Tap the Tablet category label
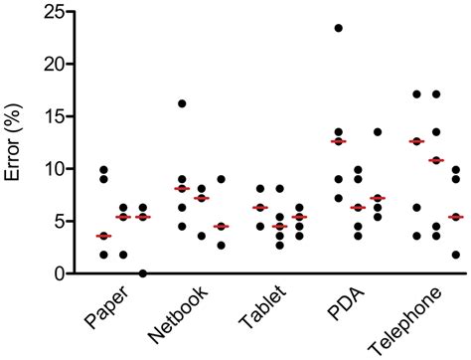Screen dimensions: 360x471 (x=261, y=312)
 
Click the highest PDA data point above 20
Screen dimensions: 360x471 (x=339, y=28)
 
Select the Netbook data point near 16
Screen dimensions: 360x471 (x=182, y=103)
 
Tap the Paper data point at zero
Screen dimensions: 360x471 (x=142, y=272)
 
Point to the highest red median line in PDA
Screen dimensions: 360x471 (x=339, y=141)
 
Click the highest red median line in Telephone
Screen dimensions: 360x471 (x=416, y=141)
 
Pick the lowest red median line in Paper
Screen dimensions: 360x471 (x=103, y=236)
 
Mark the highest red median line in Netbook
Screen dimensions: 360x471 (x=182, y=188)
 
